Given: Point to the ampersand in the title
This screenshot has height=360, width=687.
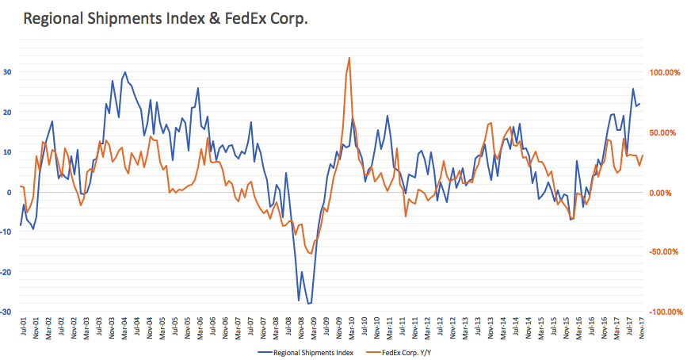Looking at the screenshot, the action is tap(215, 18).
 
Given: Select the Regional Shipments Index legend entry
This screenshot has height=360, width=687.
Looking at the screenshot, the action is tap(305, 353).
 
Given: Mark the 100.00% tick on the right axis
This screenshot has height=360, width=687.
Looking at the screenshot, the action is tap(664, 72).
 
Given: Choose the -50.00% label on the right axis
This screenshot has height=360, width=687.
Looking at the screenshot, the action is tap(663, 251).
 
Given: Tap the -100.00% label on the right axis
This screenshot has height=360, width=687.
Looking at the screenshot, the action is tap(666, 312).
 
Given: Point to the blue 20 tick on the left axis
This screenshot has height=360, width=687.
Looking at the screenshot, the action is tap(7, 113).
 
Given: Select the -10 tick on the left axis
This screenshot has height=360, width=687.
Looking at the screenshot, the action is tap(6, 232).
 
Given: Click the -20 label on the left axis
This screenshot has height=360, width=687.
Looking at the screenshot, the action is tap(6, 272).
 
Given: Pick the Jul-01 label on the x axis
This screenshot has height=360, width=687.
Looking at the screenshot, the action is tap(23, 327).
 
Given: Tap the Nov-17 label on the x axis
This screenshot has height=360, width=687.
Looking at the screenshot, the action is tap(642, 327).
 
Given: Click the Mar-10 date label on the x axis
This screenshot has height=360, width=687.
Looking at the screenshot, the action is tap(352, 327).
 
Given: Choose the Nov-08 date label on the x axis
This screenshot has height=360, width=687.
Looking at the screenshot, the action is tap(301, 327).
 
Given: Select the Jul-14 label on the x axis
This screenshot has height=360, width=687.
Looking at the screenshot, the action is tap(516, 327).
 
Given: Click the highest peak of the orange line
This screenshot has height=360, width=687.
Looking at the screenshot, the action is tap(349, 58).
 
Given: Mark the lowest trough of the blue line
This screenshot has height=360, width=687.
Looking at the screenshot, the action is tap(308, 304).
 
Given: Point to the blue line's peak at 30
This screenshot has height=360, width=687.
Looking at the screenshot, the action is tap(125, 72).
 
